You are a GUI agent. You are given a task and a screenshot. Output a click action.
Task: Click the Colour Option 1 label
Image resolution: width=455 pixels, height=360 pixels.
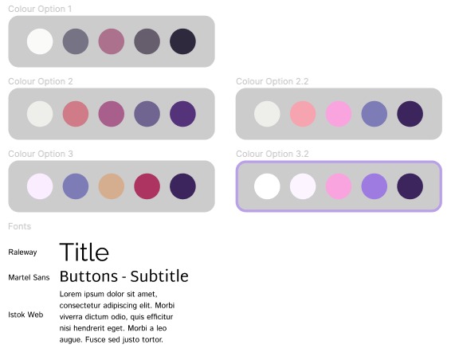(41, 9)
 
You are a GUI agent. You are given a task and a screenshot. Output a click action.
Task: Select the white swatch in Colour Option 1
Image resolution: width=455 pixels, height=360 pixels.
(40, 41)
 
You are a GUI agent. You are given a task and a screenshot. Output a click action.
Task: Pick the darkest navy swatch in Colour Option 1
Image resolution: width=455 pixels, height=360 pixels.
(182, 41)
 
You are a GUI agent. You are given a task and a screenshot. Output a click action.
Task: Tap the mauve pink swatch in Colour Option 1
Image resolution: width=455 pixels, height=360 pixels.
(111, 41)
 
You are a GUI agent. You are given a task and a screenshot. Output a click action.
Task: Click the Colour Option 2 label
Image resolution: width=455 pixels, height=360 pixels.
(41, 81)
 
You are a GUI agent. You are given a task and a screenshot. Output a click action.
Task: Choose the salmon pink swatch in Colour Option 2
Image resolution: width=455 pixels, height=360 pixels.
(75, 114)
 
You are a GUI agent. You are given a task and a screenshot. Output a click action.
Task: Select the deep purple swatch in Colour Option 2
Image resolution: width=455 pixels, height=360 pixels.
(182, 114)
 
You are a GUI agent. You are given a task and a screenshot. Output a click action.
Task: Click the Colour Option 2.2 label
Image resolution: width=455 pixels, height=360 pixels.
(273, 81)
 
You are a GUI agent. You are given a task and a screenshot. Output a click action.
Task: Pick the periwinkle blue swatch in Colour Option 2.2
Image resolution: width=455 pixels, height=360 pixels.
(375, 114)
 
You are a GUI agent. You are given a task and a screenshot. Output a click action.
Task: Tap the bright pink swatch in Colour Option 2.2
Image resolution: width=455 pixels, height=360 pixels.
(339, 114)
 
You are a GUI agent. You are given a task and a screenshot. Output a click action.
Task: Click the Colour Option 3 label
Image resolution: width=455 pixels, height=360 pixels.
(41, 154)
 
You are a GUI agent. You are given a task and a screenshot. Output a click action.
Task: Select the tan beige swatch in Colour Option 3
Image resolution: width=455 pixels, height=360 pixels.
(111, 186)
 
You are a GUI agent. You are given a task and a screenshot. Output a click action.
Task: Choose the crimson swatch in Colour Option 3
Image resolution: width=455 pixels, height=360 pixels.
(147, 186)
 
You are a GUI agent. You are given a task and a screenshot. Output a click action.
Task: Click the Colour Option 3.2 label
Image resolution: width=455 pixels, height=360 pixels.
(273, 154)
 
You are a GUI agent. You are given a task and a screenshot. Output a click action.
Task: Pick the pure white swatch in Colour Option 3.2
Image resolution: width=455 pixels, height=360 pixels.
(267, 186)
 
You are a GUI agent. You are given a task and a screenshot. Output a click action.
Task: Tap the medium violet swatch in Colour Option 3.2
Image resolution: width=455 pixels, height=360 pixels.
(375, 186)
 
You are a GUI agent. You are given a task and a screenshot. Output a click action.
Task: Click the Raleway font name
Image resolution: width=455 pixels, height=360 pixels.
(23, 252)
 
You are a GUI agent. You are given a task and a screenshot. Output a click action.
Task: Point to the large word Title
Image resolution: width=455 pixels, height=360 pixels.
(84, 252)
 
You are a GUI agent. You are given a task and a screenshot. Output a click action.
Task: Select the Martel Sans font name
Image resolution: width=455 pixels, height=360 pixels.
(29, 278)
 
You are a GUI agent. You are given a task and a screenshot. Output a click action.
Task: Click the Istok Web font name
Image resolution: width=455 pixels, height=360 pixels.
(25, 315)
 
